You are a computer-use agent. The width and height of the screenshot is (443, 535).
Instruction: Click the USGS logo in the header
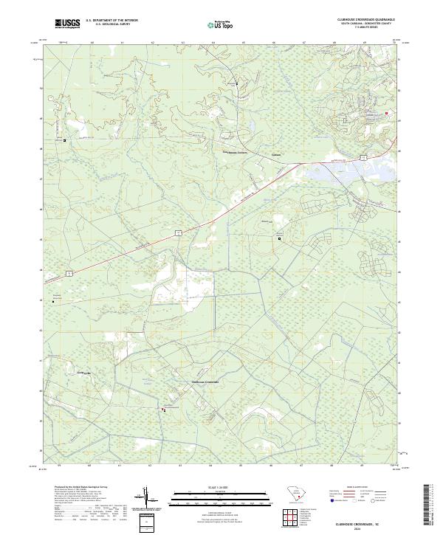[68, 24]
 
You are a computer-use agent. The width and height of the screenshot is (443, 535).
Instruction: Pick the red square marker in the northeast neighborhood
[385, 113]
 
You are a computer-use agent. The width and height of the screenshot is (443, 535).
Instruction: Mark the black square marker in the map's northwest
[64, 140]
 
